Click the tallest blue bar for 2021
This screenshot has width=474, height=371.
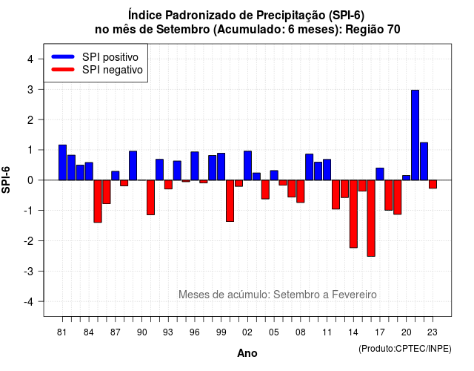[x=415, y=135]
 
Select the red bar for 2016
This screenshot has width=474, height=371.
[x=371, y=218]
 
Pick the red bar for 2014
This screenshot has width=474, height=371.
[x=353, y=214]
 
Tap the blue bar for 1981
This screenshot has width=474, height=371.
[x=62, y=162]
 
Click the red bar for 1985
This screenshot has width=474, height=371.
[x=98, y=201]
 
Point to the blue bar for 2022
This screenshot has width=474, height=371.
[x=424, y=161]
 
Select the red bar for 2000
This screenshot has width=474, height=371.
[x=230, y=201]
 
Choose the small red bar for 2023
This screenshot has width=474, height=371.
[x=433, y=184]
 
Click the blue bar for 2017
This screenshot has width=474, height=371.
[x=380, y=174]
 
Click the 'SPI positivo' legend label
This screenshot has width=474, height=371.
[x=110, y=57]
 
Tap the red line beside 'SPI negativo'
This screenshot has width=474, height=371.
[x=63, y=70]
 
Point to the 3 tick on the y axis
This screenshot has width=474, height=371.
[x=40, y=89]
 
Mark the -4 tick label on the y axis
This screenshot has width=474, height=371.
[x=28, y=301]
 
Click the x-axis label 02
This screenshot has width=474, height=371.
[x=247, y=332]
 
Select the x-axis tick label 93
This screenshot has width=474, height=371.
[x=168, y=332]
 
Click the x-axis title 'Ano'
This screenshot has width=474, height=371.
[x=247, y=353]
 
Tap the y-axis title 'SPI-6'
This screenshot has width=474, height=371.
[x=6, y=180]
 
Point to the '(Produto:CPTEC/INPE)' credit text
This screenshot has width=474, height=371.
[x=405, y=349]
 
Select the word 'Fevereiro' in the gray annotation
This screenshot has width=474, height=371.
[x=354, y=295]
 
